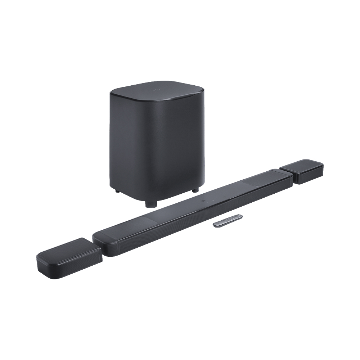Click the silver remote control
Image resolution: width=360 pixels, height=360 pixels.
[x=227, y=220]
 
